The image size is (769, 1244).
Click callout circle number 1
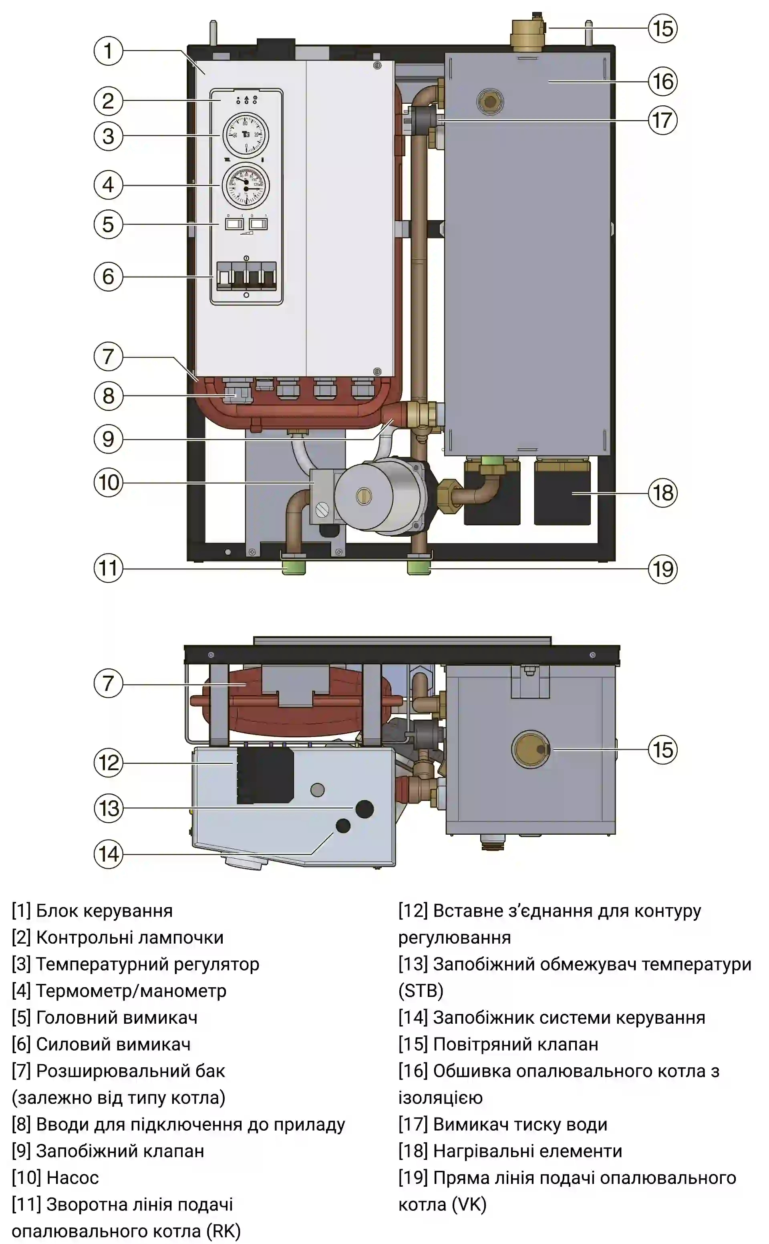pos(108,50)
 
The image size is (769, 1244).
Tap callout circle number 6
pos(108,276)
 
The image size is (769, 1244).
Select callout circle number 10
pos(108,482)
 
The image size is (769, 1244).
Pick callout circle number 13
pos(108,808)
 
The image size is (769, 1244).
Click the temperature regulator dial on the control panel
pos(246,135)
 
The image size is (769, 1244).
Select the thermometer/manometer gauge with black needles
pos(246,185)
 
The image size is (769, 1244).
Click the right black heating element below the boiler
pos(562,492)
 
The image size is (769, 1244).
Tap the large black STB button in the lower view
pos(364,809)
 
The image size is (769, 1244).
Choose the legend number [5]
pos(21,1017)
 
